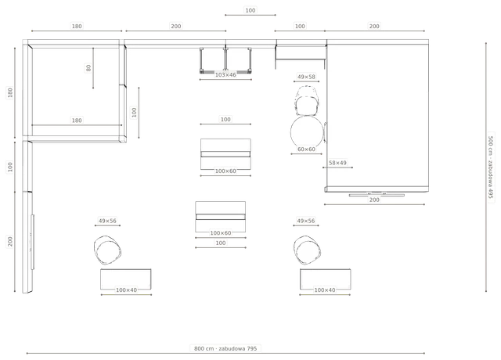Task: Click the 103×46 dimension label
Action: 225,75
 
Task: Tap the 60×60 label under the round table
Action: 306,149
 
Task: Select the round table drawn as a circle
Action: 307,132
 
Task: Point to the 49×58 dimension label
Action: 306,77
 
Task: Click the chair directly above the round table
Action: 307,101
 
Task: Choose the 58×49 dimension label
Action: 337,163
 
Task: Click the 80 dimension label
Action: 88,68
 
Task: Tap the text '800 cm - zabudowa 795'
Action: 225,348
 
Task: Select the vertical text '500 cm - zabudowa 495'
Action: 491,167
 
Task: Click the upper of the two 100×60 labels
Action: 225,171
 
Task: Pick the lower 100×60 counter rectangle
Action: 221,217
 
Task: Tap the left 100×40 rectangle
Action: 126,279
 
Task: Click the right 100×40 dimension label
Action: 325,290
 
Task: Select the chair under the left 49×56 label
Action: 108,250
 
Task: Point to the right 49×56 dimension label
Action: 306,221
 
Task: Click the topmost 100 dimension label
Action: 250,10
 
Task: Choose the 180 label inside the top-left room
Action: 77,121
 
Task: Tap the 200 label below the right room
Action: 374,200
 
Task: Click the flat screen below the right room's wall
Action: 377,195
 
